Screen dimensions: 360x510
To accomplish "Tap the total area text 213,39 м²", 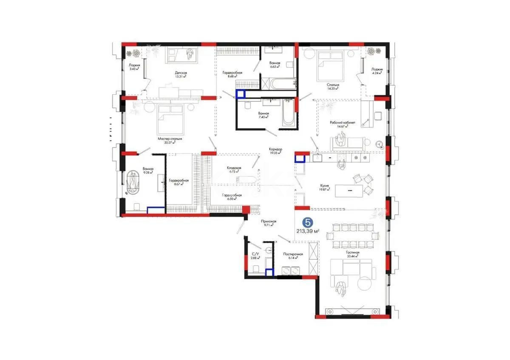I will coord(308,231).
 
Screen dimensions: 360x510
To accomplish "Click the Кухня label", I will coord(326,185).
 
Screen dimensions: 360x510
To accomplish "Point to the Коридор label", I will coord(275,149).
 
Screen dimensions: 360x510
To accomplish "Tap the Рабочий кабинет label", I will coord(339,122).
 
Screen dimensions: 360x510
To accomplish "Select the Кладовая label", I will coord(234,168).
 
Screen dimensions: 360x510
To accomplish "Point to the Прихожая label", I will coord(269,221).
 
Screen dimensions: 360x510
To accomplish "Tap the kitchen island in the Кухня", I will coord(349,190).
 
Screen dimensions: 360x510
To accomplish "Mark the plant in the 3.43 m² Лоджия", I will coord(136,53).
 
